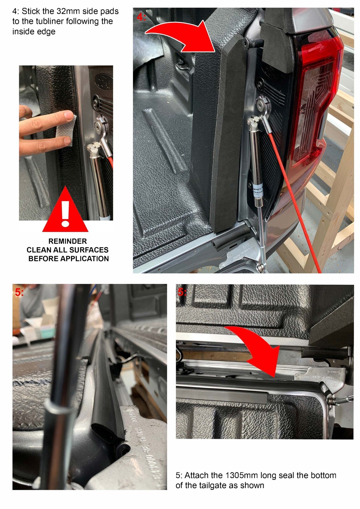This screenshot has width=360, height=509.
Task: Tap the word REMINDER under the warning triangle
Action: (67, 241)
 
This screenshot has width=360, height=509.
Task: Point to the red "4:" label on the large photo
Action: (141, 17)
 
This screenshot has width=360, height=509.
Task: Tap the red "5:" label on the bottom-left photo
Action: (19, 292)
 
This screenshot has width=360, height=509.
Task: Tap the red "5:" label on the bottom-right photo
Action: (182, 292)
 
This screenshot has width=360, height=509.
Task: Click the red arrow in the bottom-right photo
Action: (258, 353)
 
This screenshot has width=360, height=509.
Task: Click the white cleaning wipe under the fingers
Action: (73, 130)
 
